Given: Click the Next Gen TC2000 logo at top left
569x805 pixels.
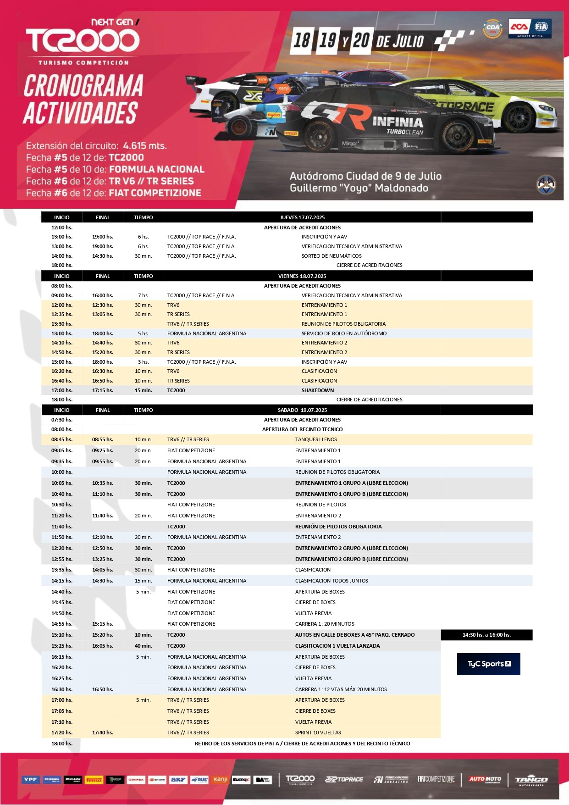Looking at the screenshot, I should (83, 40).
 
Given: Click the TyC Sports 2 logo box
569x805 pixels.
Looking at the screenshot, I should (488, 664).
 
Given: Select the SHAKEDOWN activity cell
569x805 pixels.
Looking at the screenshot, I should (318, 390).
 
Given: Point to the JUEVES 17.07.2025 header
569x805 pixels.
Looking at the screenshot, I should (302, 217).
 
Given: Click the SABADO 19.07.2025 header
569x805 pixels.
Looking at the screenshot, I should (302, 410).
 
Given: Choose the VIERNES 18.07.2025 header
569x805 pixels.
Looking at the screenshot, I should (302, 276).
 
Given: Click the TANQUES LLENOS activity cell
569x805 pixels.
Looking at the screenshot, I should (316, 439).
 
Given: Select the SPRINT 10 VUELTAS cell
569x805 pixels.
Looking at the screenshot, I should (318, 733).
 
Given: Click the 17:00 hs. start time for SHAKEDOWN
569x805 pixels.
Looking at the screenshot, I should (62, 390).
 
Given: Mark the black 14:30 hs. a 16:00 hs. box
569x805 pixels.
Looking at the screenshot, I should (486, 635).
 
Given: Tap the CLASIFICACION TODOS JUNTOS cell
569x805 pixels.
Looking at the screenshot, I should (331, 581).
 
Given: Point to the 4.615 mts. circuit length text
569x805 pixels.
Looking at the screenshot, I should (145, 146).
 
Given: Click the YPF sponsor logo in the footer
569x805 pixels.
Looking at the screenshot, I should (31, 779).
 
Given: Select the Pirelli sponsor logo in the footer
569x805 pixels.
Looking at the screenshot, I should (94, 779).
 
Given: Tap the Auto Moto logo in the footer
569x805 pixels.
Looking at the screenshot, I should (485, 779).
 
